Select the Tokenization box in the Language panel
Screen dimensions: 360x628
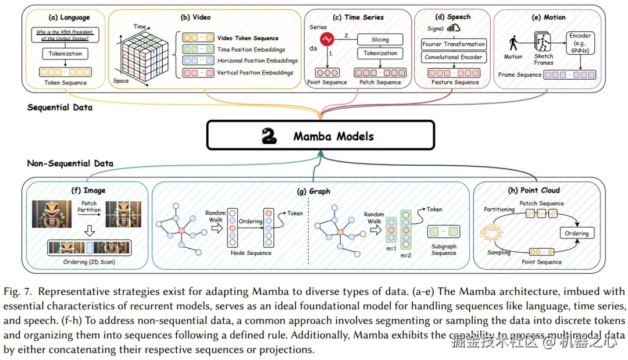click(x=65, y=54)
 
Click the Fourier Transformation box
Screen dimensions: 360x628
click(x=454, y=44)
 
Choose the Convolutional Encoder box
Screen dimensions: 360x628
click(x=454, y=58)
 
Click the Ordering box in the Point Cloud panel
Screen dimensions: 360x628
click(x=576, y=233)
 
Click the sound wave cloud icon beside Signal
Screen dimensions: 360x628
click(x=454, y=28)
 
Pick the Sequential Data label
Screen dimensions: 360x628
click(x=59, y=108)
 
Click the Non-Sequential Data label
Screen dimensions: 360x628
click(x=70, y=163)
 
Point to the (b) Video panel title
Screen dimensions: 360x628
click(x=194, y=17)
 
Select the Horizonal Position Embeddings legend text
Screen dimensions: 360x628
click(x=257, y=60)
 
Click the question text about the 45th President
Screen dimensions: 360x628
click(x=66, y=35)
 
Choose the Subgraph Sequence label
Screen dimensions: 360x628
click(x=444, y=249)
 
